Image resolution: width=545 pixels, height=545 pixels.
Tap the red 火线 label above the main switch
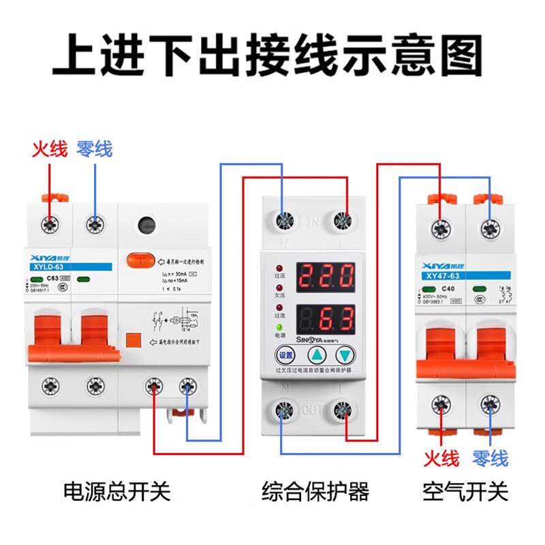point(50,149)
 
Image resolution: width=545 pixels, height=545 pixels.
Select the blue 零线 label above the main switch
point(95,149)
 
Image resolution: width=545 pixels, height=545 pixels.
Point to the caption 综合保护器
point(315,491)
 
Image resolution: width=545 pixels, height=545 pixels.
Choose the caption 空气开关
point(465,491)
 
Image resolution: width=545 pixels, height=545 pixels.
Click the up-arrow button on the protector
point(317,355)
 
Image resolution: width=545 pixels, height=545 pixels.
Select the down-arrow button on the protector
point(346,355)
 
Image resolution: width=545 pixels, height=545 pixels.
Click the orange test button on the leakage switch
point(138,260)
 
